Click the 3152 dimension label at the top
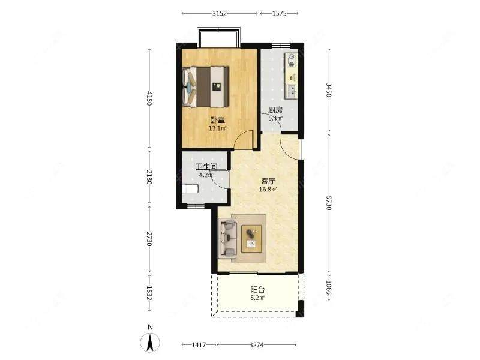click(x=220, y=13)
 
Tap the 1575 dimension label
click(x=279, y=13)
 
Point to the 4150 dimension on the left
click(x=149, y=98)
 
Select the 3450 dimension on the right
click(x=329, y=89)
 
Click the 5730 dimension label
click(x=329, y=203)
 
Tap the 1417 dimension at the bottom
click(x=199, y=345)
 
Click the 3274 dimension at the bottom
click(x=257, y=345)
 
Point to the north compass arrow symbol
click(x=150, y=342)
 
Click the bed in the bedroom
click(x=206, y=86)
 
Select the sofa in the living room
click(x=227, y=238)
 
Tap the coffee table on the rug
click(x=251, y=239)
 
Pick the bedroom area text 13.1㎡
click(x=217, y=128)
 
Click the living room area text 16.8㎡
click(x=268, y=189)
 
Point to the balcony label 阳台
click(x=257, y=290)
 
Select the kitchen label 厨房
click(x=275, y=110)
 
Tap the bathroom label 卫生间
click(x=207, y=167)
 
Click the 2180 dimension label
click(x=149, y=177)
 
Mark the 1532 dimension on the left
click(x=149, y=293)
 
